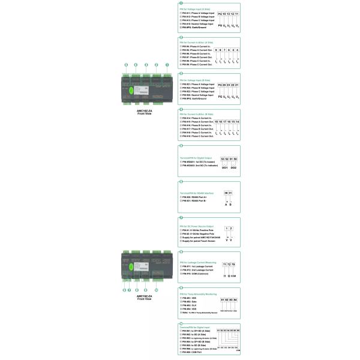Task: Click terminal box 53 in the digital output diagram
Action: (x=223, y=158)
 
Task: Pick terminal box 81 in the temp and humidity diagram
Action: (x=223, y=299)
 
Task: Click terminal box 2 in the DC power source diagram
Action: (x=232, y=228)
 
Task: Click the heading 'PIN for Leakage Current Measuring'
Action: (x=199, y=262)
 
